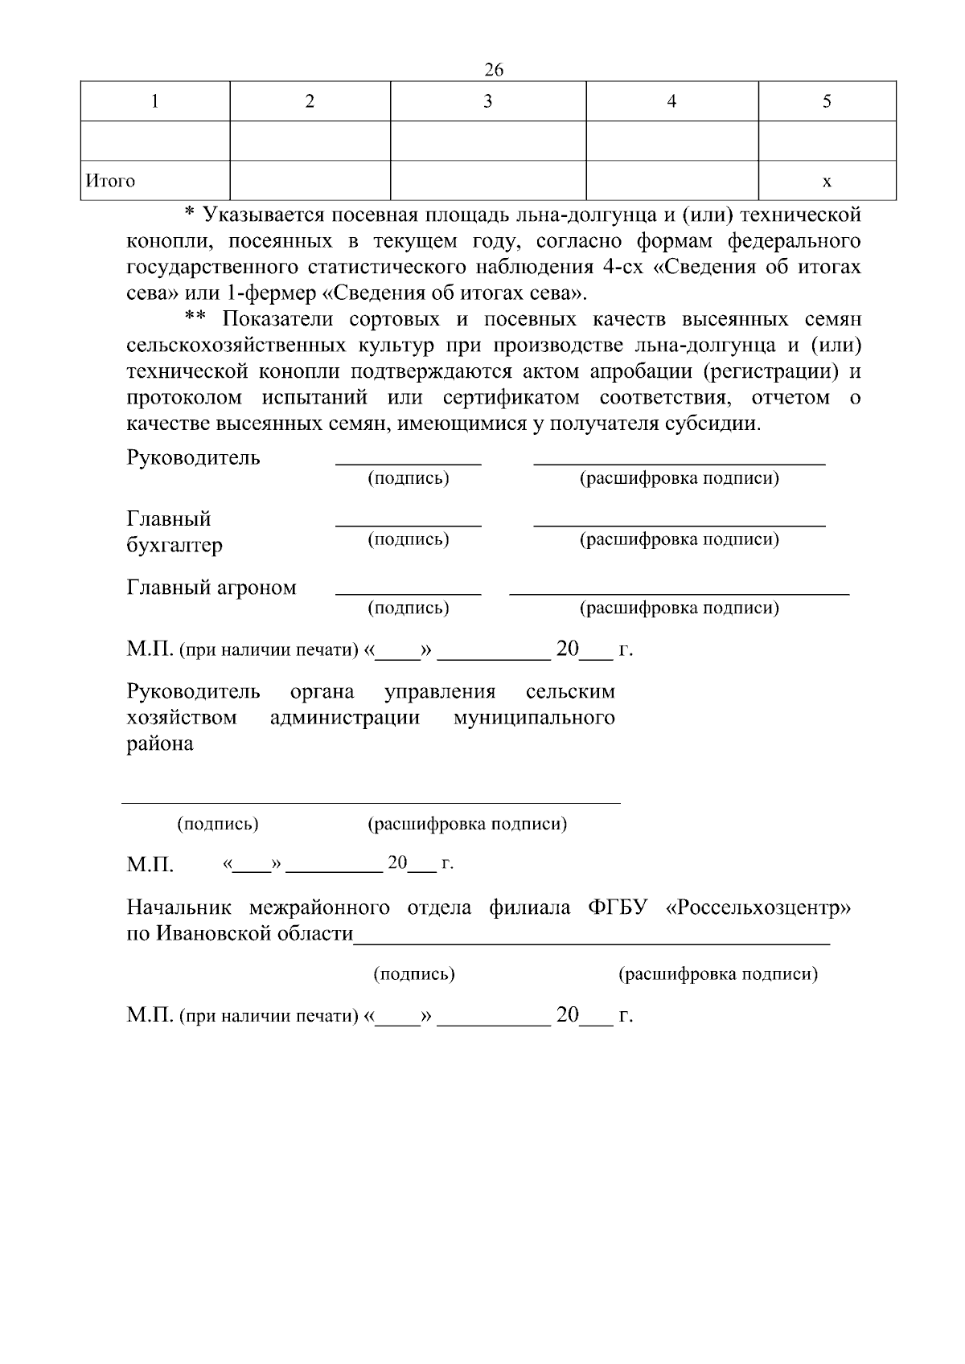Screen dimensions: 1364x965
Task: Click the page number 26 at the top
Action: coord(494,70)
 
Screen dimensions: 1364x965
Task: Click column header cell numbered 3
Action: coord(487,101)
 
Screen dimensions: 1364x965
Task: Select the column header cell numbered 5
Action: coord(827,101)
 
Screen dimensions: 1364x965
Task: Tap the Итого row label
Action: coord(111,181)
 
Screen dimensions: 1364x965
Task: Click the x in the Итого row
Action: coord(827,182)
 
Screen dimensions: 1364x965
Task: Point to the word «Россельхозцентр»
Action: coord(759,908)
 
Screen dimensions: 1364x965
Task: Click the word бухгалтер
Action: coord(175,545)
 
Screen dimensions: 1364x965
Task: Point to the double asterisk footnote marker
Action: coord(195,319)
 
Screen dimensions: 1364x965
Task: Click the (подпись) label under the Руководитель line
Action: coord(408,479)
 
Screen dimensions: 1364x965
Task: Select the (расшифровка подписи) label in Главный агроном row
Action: coord(680,608)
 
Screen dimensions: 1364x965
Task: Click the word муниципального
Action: coord(534,717)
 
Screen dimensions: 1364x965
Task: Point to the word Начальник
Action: coord(179,908)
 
